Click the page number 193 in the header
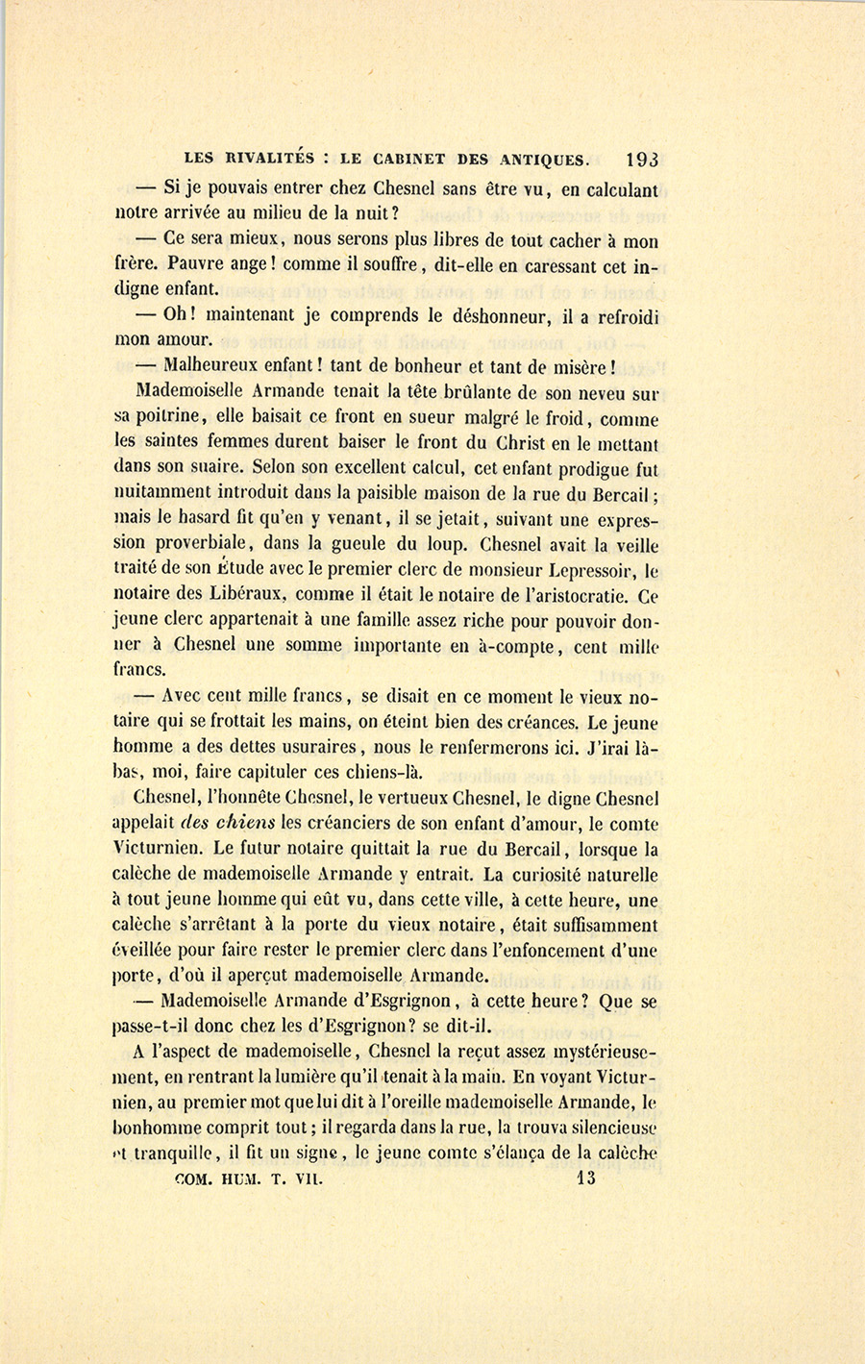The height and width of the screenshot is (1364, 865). [x=641, y=160]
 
